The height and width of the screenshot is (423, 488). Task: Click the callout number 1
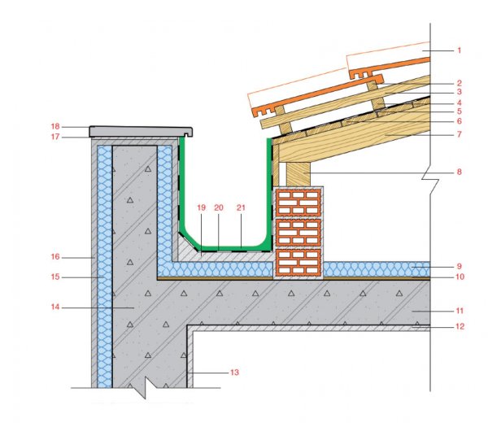tap(459, 50)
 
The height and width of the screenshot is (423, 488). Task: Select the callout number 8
tap(459, 172)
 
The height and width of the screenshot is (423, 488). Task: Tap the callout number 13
tap(235, 373)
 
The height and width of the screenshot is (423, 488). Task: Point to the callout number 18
tap(55, 126)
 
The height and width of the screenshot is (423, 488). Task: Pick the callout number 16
tap(55, 257)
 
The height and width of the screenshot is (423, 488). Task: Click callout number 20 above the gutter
tap(219, 207)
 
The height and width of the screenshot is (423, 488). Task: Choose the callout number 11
tap(460, 311)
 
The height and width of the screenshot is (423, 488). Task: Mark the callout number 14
tap(55, 307)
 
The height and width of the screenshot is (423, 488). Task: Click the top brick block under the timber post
tap(298, 203)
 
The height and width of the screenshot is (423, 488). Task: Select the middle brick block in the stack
tap(298, 233)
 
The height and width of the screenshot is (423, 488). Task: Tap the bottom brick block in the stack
tap(298, 263)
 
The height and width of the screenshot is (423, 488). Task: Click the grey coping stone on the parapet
tap(141, 132)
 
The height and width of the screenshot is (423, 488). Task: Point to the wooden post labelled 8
tap(298, 174)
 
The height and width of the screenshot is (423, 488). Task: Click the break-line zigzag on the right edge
tap(430, 180)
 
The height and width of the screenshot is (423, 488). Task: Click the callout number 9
tap(459, 267)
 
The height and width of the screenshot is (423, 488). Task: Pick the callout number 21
tap(242, 207)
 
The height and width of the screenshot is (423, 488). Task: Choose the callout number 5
tap(459, 111)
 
